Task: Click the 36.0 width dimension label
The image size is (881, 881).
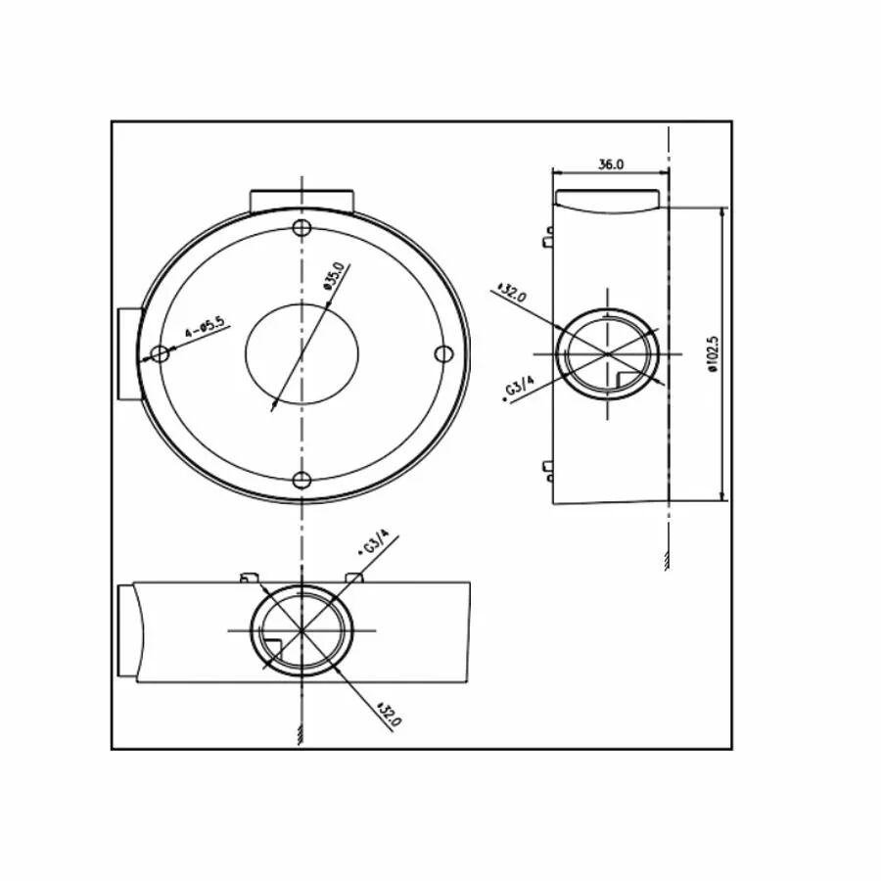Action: coord(610,164)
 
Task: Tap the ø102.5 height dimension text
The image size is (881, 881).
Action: coord(713,355)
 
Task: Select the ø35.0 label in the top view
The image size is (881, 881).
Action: coord(334,276)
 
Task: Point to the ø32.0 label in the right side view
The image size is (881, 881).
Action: coord(511,293)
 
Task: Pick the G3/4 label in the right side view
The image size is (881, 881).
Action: coord(519,388)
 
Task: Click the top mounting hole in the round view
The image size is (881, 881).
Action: coord(302,227)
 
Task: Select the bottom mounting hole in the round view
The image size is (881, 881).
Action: coord(302,481)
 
